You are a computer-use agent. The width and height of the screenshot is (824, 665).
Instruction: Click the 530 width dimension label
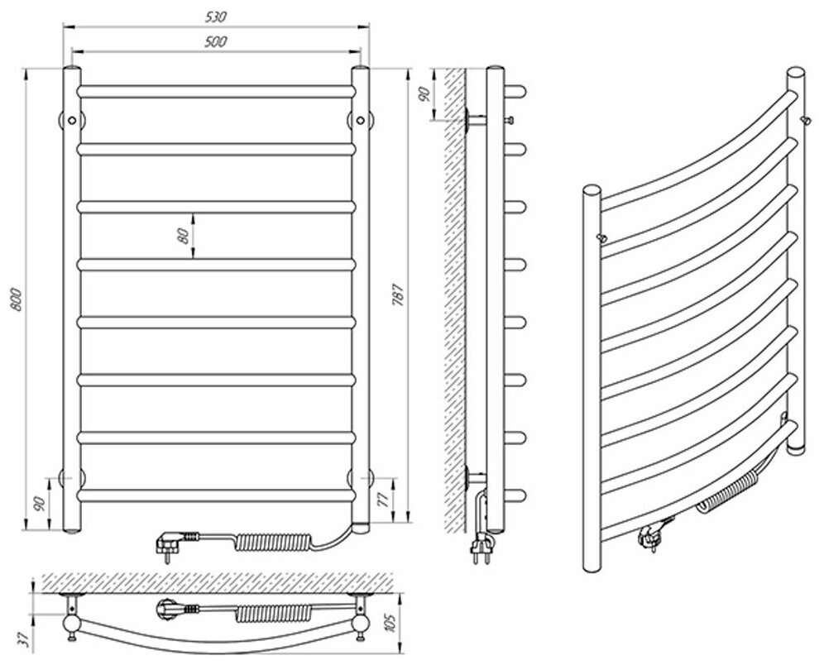click(218, 17)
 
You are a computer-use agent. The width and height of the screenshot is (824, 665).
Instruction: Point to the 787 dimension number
click(398, 295)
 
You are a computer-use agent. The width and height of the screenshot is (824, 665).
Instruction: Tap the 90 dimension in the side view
click(422, 93)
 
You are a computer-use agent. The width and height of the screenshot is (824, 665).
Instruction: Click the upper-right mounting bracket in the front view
click(361, 119)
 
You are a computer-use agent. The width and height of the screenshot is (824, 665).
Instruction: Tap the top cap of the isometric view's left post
click(592, 189)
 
